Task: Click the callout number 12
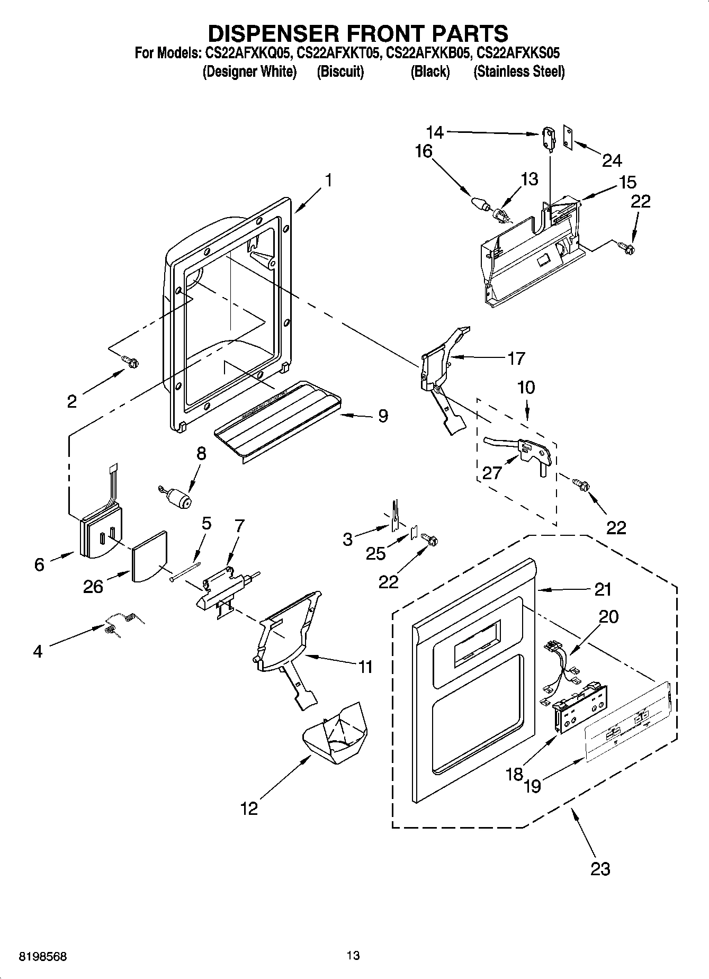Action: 249,809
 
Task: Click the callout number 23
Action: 600,869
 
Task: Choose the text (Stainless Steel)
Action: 518,72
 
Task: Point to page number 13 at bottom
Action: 353,956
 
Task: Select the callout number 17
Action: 516,358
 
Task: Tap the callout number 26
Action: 93,586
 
